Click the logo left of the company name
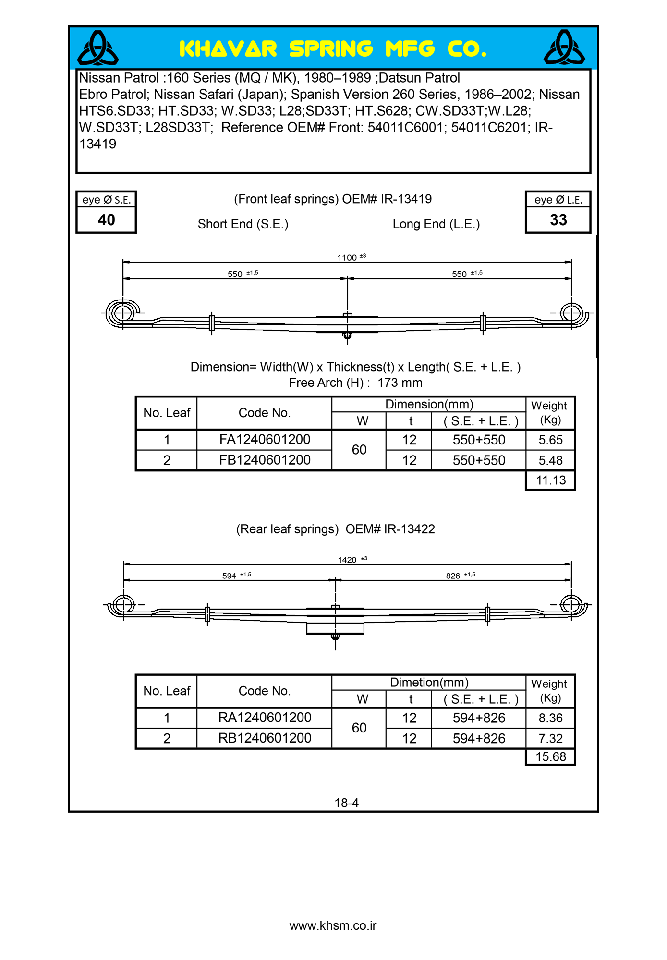click(98, 48)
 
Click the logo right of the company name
click(564, 48)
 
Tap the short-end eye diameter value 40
click(106, 220)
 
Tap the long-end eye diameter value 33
click(558, 220)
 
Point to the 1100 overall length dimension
click(347, 258)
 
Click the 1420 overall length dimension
click(347, 560)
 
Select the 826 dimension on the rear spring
click(453, 576)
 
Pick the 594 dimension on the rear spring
click(229, 576)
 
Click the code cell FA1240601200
click(265, 439)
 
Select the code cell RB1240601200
click(265, 738)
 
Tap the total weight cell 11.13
click(551, 480)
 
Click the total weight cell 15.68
click(551, 756)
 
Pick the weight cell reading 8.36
click(550, 718)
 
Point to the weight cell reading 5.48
click(550, 460)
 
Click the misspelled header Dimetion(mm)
click(429, 682)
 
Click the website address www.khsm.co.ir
click(333, 925)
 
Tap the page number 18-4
click(346, 803)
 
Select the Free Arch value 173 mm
click(400, 383)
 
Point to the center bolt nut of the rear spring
click(335, 636)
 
